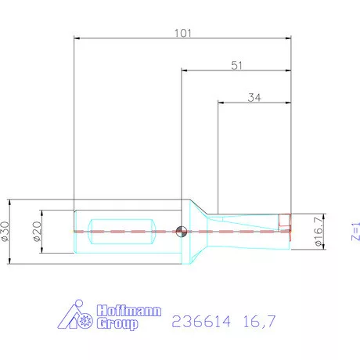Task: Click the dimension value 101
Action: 182,33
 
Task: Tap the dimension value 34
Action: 254,98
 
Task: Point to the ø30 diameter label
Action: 6,230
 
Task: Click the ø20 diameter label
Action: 38,230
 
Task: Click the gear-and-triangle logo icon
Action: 77,317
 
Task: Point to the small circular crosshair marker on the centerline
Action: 181,231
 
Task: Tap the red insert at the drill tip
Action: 285,223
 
